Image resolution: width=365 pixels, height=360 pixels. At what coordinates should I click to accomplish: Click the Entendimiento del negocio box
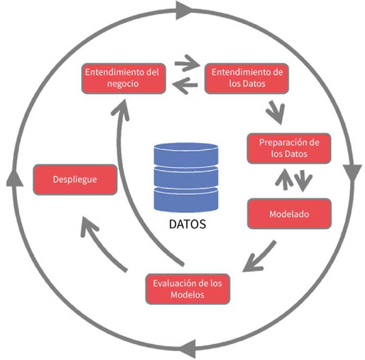tap(124, 78)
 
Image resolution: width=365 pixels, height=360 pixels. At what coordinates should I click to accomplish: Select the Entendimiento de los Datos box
tap(246, 78)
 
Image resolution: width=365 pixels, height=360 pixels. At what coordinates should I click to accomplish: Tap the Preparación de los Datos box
tap(289, 148)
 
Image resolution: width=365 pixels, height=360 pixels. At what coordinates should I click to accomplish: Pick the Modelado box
tap(289, 214)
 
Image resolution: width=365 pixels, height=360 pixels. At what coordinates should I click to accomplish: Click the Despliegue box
tap(75, 179)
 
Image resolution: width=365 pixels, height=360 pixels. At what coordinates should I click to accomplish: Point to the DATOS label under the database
tap(188, 224)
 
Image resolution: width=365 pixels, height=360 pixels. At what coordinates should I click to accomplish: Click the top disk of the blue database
tap(186, 153)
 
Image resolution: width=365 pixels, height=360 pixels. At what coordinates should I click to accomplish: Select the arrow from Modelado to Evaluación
tap(259, 257)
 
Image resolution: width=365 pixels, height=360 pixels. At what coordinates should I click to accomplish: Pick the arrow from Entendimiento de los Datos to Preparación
tap(275, 109)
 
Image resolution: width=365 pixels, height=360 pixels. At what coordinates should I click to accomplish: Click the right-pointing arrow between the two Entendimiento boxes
tap(187, 65)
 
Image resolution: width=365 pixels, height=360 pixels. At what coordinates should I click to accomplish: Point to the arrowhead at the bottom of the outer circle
tap(189, 347)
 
